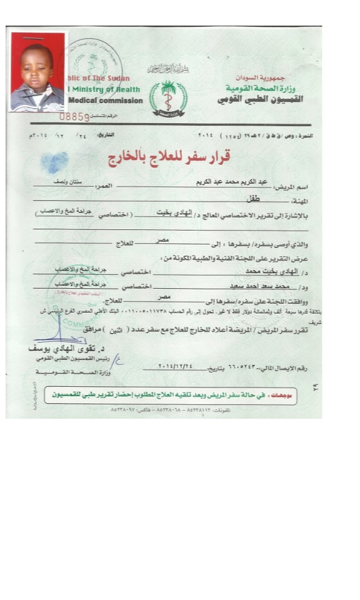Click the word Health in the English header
click(126, 89)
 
